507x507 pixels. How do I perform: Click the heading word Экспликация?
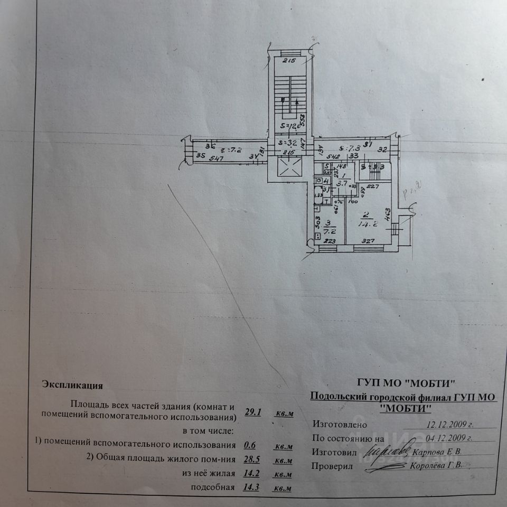click(x=73, y=385)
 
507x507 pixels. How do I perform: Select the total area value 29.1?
click(x=253, y=412)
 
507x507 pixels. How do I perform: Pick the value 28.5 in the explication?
click(x=253, y=459)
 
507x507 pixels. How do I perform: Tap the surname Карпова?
click(x=428, y=452)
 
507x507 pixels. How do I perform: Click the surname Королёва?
click(x=428, y=466)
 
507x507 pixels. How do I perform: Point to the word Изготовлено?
click(x=339, y=424)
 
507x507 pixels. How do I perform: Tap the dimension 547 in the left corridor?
click(x=216, y=157)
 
